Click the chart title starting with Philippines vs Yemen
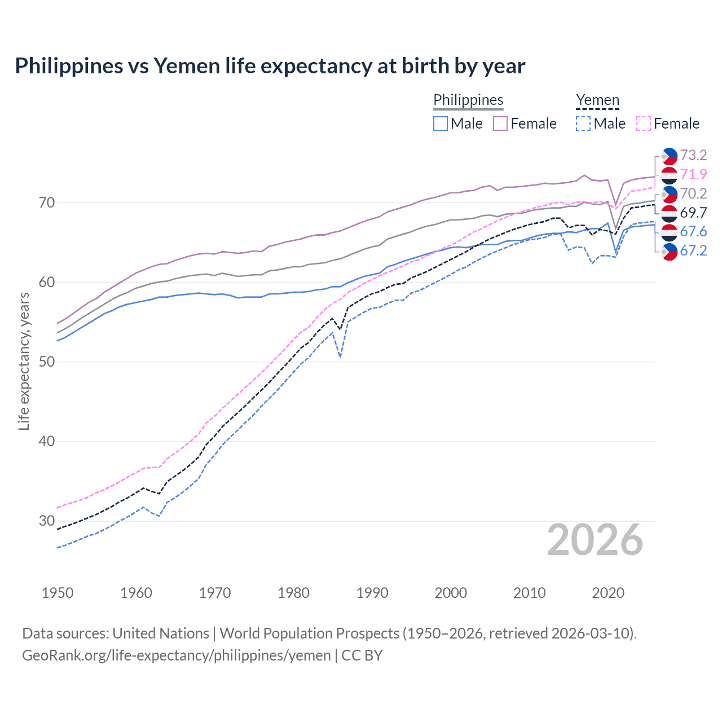pyautogui.click(x=270, y=66)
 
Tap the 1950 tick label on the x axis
pyautogui.click(x=58, y=593)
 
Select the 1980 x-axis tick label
pyautogui.click(x=293, y=593)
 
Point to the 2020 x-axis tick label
pyautogui.click(x=608, y=593)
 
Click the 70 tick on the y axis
pyautogui.click(x=46, y=202)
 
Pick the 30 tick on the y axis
pyautogui.click(x=46, y=521)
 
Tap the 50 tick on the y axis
pyautogui.click(x=46, y=362)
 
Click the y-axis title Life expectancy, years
pyautogui.click(x=24, y=361)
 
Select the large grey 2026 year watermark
pyautogui.click(x=595, y=540)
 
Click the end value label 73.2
pyautogui.click(x=693, y=155)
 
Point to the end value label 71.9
pyautogui.click(x=693, y=174)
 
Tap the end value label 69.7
pyautogui.click(x=693, y=213)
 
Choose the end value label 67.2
pyautogui.click(x=693, y=251)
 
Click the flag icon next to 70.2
pyautogui.click(x=669, y=194)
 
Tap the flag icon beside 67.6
pyautogui.click(x=669, y=232)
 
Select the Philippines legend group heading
pyautogui.click(x=468, y=100)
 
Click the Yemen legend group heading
pyautogui.click(x=597, y=100)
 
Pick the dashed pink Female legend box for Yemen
pyautogui.click(x=644, y=124)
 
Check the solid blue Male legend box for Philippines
pyautogui.click(x=441, y=124)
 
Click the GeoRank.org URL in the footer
pyautogui.click(x=177, y=655)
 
